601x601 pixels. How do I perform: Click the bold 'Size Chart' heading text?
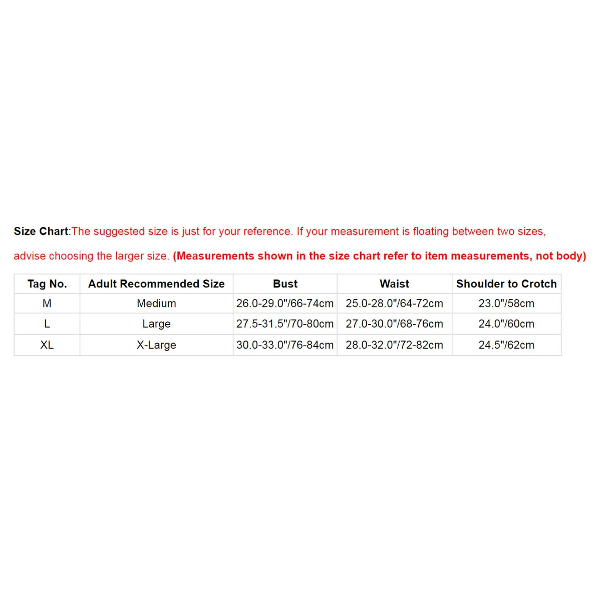[x=41, y=231]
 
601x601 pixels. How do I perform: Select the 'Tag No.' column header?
[x=47, y=284]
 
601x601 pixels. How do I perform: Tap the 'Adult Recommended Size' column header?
[x=156, y=284]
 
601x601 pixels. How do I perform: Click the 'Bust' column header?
[x=285, y=284]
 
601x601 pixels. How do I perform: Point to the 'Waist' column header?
[x=394, y=284]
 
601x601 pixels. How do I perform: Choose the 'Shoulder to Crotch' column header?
[x=506, y=284]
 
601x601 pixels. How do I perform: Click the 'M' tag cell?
[x=47, y=304]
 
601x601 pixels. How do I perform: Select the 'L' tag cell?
[x=47, y=324]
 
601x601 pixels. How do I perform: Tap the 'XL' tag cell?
[x=47, y=345]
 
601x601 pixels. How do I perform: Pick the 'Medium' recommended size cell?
[x=156, y=304]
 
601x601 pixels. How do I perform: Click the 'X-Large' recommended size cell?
[x=156, y=345]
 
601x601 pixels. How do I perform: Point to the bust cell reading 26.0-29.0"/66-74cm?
[x=285, y=304]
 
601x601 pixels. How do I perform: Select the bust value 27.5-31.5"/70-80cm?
[x=285, y=324]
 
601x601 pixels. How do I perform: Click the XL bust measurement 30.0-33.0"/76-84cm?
[x=285, y=345]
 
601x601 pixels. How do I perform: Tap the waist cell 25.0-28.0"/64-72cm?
[x=394, y=304]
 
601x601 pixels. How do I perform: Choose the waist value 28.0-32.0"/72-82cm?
[x=394, y=345]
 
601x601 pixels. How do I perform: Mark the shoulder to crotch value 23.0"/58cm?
[x=506, y=304]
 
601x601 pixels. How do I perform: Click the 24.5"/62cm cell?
[x=506, y=345]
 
